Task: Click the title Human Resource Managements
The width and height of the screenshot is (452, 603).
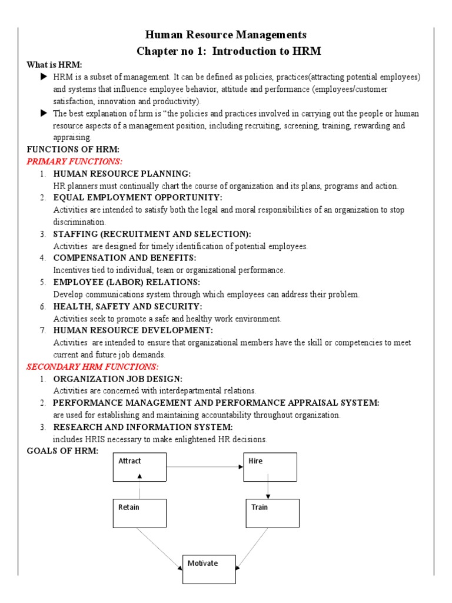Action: coord(226,35)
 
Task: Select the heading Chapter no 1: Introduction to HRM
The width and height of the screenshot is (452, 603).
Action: coord(229,51)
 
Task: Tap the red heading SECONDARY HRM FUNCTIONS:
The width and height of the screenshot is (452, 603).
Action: coord(84,367)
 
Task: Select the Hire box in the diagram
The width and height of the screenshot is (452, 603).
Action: coord(270,467)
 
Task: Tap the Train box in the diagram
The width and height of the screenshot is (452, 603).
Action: coord(272,513)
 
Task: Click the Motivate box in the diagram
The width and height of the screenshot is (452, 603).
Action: coord(208,569)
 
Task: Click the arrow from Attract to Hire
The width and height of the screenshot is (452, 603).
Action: coord(205,467)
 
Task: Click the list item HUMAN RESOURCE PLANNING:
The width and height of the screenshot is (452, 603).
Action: coord(122,174)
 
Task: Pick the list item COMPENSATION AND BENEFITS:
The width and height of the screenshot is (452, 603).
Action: coord(124,258)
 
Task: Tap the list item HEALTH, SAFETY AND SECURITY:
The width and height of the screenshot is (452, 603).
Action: coord(127,307)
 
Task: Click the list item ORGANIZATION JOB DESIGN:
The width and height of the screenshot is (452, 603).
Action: coord(118,379)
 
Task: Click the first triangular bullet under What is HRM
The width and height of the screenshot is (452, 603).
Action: coord(44,77)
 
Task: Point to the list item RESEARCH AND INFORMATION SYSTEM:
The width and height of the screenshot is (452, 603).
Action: coord(143,427)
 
